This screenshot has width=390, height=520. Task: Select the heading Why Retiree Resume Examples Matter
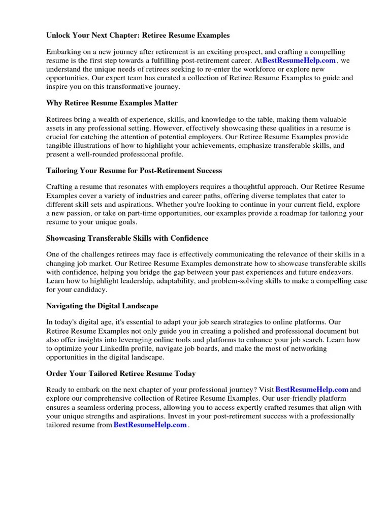(112, 103)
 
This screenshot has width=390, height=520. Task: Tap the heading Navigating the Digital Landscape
(102, 306)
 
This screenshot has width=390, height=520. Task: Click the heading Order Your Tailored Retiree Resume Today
(121, 373)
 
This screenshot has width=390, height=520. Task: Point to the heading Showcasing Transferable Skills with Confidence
(127, 238)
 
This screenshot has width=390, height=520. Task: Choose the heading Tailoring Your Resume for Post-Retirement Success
(134, 171)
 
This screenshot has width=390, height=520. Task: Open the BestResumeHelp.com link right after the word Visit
(312, 389)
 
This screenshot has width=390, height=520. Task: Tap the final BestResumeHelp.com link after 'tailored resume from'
(150, 425)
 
